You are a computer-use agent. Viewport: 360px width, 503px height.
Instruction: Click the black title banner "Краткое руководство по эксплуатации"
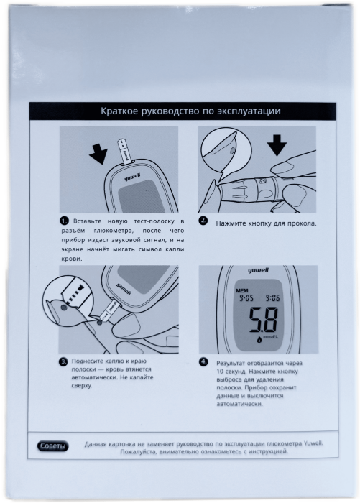tap(183, 111)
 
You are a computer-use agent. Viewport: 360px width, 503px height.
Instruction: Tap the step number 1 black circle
tap(64, 221)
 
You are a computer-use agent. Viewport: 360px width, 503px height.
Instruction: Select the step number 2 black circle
tap(203, 221)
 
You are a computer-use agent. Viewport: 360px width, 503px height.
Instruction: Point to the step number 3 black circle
tap(63, 362)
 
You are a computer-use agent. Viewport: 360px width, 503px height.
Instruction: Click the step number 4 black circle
tap(203, 362)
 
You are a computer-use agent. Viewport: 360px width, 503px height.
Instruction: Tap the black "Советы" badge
tap(53, 446)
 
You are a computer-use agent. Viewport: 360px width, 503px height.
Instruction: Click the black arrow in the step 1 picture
tap(99, 153)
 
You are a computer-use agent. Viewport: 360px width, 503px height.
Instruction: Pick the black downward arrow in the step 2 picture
tap(277, 145)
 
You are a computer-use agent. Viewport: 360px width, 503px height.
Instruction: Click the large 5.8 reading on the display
tap(264, 320)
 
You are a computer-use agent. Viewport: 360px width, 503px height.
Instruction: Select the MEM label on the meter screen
tap(242, 290)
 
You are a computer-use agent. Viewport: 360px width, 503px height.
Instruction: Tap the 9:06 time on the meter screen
tap(272, 298)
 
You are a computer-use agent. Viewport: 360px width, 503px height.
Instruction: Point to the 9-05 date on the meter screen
tap(246, 298)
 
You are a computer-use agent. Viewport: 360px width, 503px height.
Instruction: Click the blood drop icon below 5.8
tap(259, 338)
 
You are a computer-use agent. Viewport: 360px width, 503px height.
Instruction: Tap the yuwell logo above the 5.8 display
tap(258, 270)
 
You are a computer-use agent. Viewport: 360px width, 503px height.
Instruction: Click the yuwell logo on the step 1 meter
tap(132, 177)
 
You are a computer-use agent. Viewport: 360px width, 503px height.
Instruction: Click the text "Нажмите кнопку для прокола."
tap(266, 223)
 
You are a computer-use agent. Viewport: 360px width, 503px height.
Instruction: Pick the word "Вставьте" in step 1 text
tap(87, 221)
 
